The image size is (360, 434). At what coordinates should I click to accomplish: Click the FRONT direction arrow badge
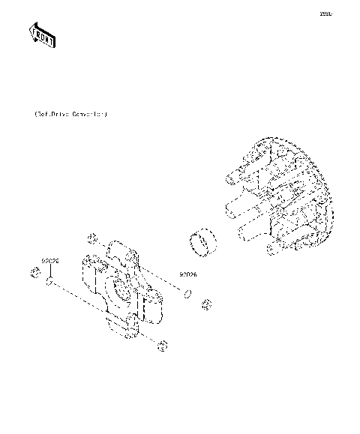(x=42, y=34)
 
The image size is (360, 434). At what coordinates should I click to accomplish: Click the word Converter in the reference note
(x=88, y=115)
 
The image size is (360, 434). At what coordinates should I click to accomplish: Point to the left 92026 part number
(x=50, y=261)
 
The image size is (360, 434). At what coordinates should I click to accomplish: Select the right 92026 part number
(x=187, y=274)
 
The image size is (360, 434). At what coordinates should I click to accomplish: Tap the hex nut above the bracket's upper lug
(x=93, y=238)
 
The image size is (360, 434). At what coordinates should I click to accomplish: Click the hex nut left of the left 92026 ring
(x=34, y=271)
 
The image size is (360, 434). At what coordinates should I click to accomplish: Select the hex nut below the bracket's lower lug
(x=163, y=344)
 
